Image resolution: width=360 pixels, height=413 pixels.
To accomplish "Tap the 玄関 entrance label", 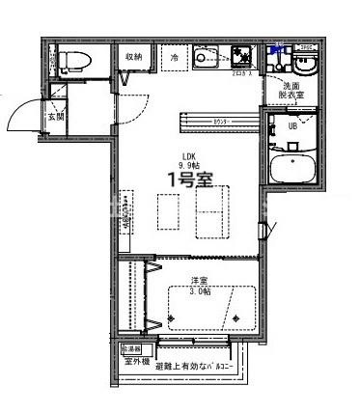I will (56, 118).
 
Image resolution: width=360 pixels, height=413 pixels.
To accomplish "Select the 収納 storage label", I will (132, 57).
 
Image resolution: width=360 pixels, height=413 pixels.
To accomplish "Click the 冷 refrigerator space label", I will (175, 57).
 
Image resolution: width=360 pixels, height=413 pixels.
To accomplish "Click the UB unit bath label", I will (291, 125).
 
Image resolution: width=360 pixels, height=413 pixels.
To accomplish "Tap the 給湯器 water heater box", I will (130, 347).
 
